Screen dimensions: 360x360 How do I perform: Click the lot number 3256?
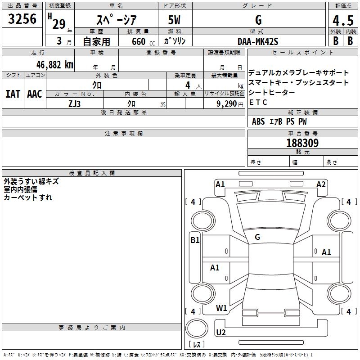[x=22, y=19]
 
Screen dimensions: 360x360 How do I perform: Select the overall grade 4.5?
[x=343, y=21]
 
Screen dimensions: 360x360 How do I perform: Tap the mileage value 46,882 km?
[x=54, y=65]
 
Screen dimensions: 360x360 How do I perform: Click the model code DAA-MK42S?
[x=258, y=41]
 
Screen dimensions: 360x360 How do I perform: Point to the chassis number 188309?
[x=302, y=143]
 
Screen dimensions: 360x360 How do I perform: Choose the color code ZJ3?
[x=74, y=104]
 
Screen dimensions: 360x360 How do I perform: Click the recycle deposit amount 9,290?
[x=227, y=104]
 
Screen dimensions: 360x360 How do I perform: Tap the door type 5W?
[x=174, y=20]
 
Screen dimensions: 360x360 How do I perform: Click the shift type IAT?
[x=13, y=94]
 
